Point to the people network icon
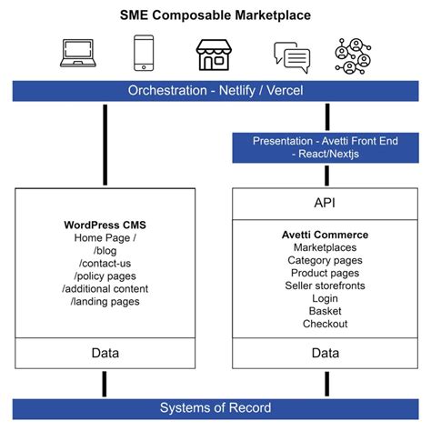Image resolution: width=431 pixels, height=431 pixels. click(x=353, y=55)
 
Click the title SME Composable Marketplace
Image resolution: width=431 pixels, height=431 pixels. click(x=215, y=15)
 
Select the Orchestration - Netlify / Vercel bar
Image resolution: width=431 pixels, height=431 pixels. click(x=215, y=91)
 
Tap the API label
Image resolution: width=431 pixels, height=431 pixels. click(x=325, y=204)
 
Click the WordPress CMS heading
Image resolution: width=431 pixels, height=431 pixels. click(x=105, y=225)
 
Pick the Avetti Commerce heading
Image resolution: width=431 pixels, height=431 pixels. click(x=325, y=235)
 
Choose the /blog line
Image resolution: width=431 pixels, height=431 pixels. click(x=105, y=251)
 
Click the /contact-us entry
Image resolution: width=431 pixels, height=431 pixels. click(x=105, y=264)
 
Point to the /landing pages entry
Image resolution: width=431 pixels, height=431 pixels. click(x=105, y=302)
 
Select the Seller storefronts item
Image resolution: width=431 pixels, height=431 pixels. click(x=325, y=286)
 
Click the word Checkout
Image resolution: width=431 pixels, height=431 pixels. click(x=325, y=324)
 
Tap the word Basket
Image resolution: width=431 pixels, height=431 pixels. click(x=325, y=311)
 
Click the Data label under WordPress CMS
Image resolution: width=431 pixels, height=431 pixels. click(x=105, y=353)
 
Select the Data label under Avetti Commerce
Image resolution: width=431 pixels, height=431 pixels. click(x=325, y=353)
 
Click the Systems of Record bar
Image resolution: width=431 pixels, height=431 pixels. click(x=215, y=407)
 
